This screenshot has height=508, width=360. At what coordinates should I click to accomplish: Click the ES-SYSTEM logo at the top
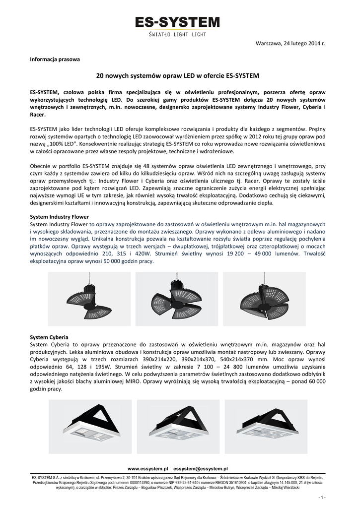[x=178, y=22]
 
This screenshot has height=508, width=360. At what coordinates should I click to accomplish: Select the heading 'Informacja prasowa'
[x=55, y=59]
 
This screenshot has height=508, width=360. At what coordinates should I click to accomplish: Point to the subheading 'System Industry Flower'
[x=59, y=217]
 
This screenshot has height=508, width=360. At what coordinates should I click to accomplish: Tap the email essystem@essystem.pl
[x=200, y=468]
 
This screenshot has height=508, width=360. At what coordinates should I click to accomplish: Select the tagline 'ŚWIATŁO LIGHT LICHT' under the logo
[x=178, y=35]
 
